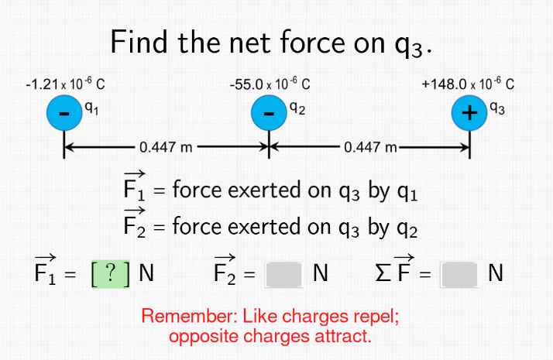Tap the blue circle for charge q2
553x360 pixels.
click(269, 115)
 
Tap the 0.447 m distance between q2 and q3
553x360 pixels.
click(370, 148)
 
